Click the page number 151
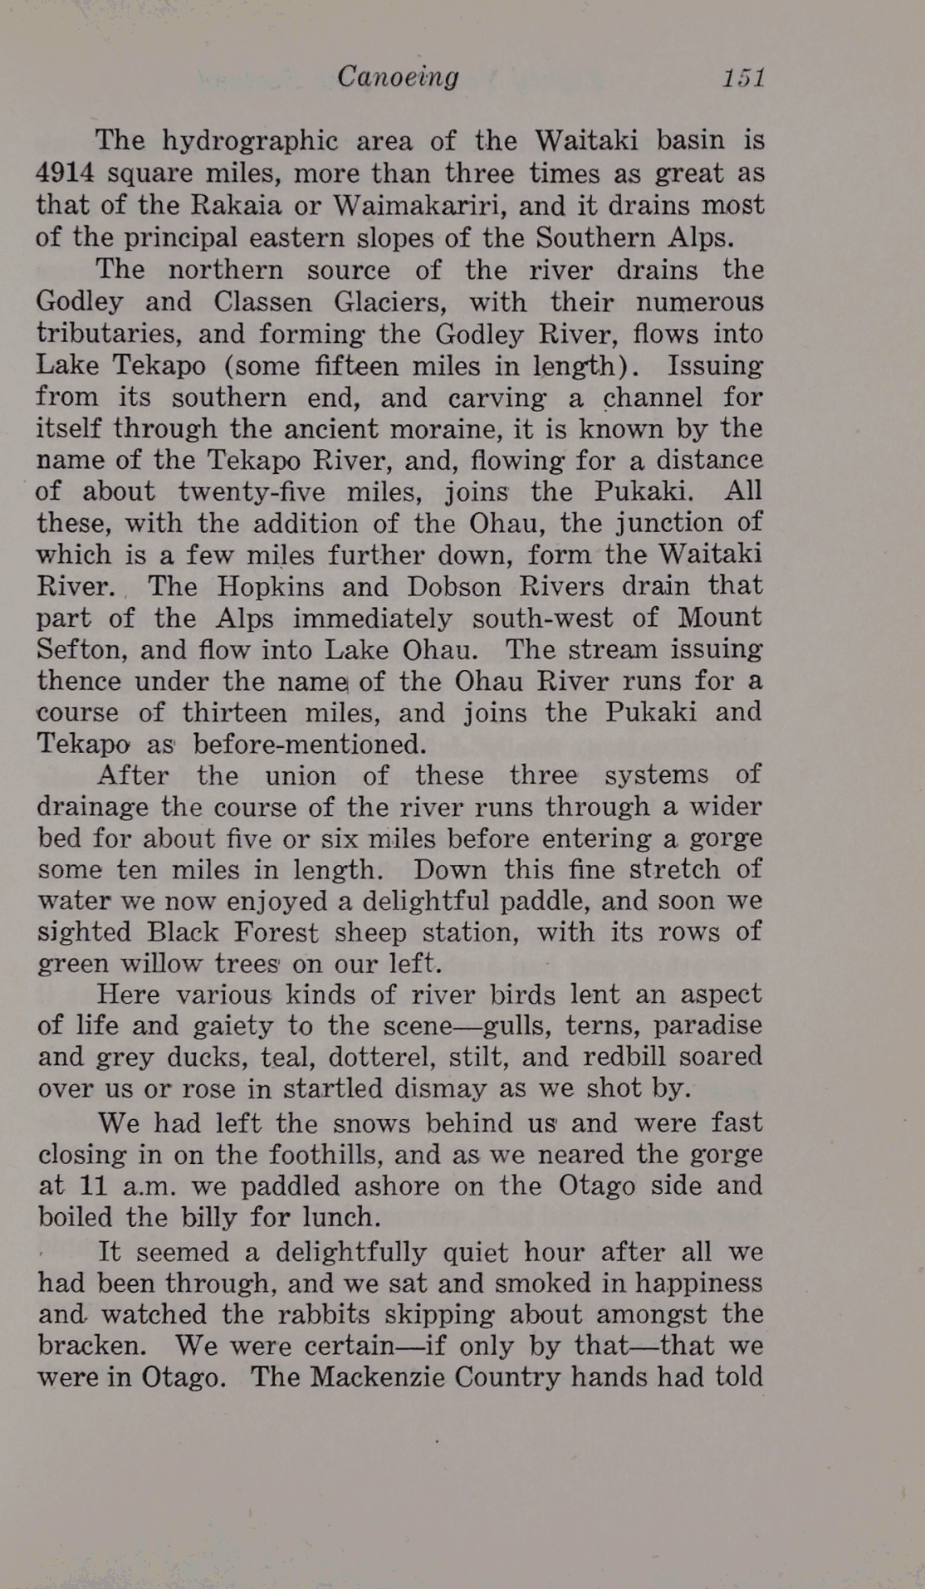click(742, 78)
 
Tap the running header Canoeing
click(398, 77)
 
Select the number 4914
click(66, 174)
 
